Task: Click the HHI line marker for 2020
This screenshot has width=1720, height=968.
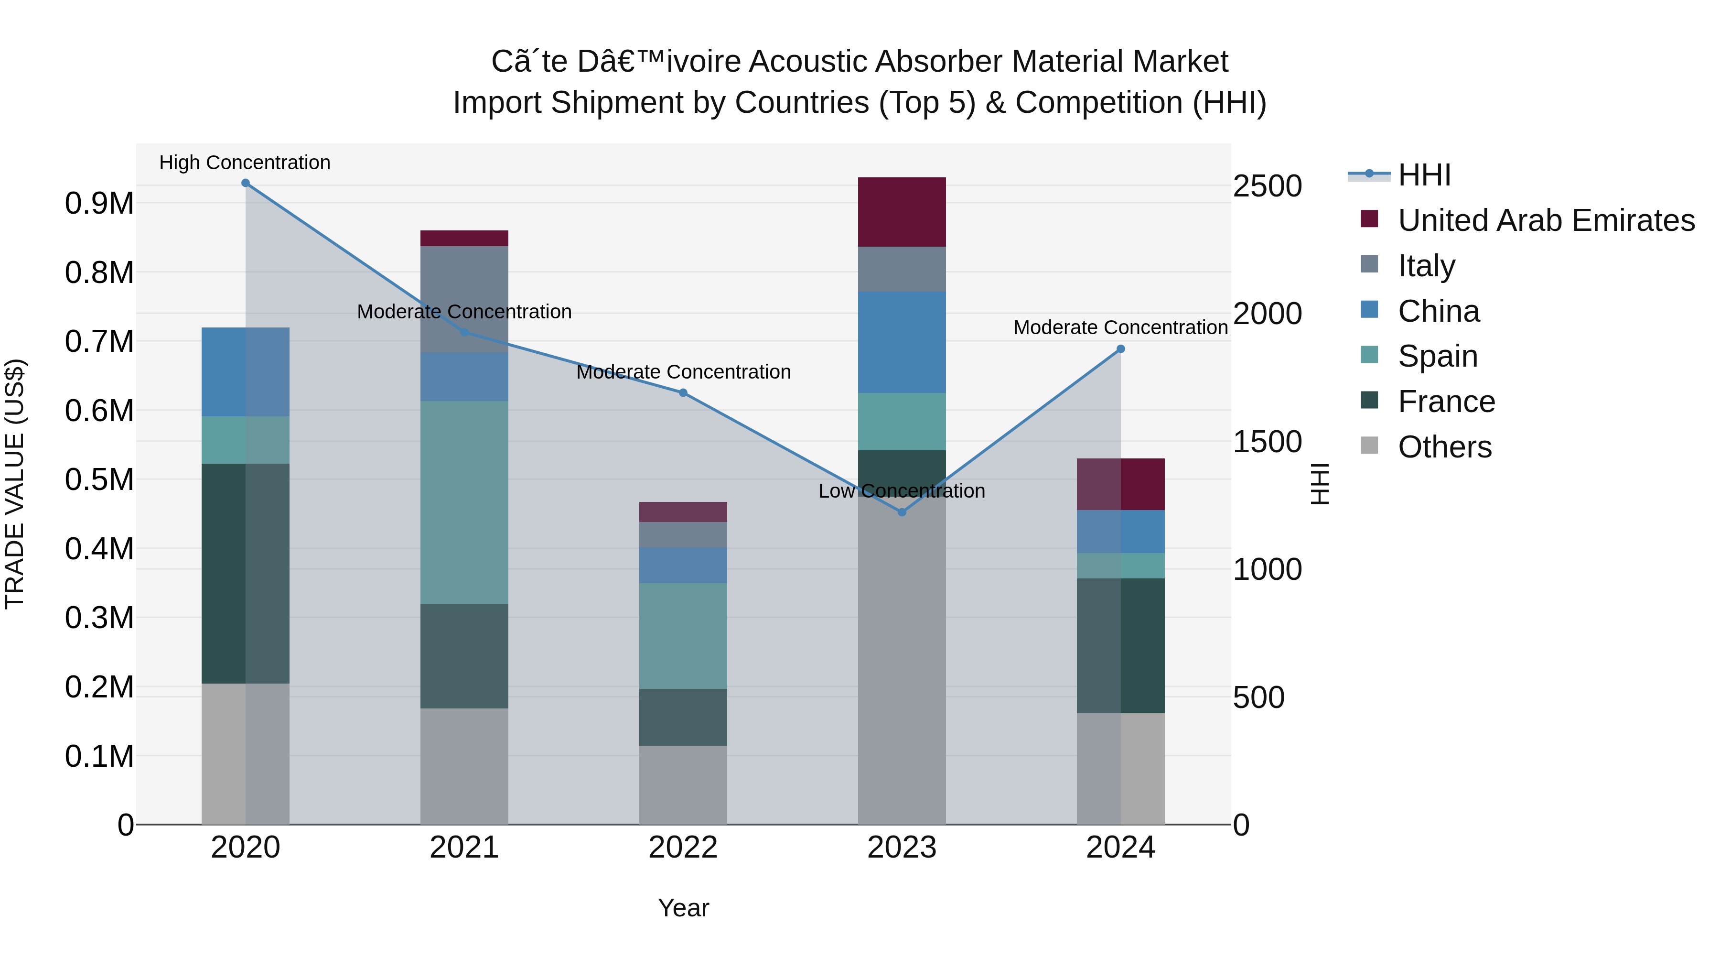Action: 245,183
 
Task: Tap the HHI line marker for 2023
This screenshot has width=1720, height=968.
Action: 902,512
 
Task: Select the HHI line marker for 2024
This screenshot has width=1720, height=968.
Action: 1120,349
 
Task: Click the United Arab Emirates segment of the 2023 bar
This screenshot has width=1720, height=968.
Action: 902,212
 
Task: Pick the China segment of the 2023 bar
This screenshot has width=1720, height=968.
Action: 902,342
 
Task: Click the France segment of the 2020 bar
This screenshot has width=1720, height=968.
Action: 245,573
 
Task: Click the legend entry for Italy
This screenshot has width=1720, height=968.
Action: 1426,266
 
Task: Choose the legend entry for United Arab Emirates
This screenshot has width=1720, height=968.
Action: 1545,220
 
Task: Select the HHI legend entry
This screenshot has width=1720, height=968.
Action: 1424,175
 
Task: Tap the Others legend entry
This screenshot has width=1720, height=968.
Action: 1444,447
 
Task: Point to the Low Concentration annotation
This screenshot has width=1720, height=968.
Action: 902,491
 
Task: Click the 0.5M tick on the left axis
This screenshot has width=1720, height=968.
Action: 99,479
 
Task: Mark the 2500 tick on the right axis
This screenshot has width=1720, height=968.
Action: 1267,186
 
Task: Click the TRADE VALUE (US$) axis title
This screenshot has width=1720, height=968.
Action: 15,484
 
